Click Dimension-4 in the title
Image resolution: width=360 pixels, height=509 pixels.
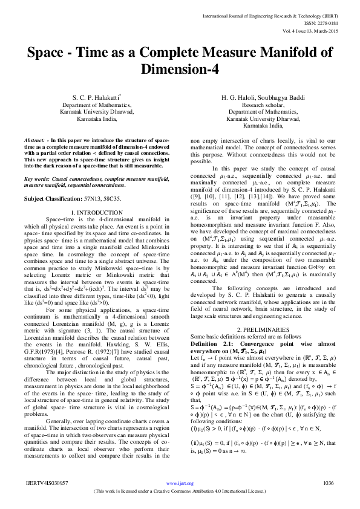coord(180,70)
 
